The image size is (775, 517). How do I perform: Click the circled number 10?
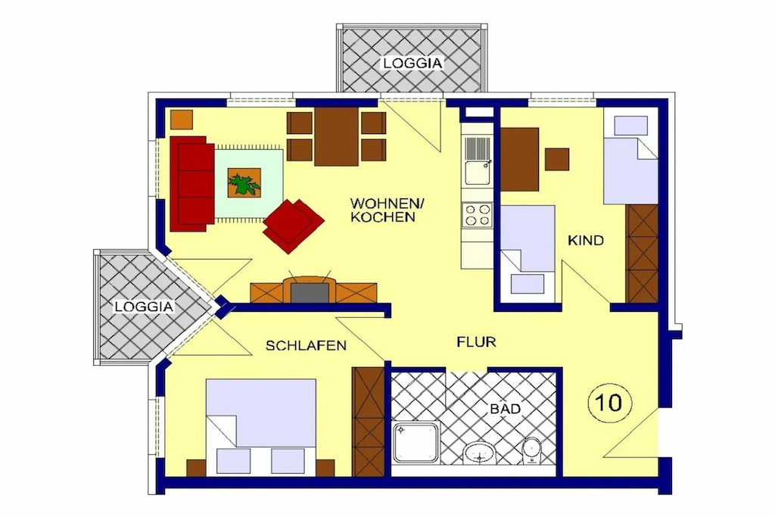click(610, 403)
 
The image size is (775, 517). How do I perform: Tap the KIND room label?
click(586, 241)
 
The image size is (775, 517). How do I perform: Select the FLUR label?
click(476, 341)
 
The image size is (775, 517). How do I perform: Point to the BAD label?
click(506, 409)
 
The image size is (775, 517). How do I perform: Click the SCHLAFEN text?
click(306, 345)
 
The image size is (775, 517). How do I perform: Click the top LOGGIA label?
click(412, 64)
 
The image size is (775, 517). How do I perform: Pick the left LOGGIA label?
click(145, 307)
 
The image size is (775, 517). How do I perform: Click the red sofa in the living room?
click(191, 184)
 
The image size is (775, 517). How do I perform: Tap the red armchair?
click(293, 226)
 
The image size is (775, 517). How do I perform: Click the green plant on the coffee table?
click(244, 183)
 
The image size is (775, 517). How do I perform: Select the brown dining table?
click(336, 137)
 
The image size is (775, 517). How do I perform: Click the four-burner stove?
click(477, 215)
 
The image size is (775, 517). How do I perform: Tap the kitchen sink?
click(477, 160)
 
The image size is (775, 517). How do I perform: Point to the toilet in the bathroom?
click(531, 451)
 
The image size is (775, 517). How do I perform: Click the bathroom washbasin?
click(479, 452)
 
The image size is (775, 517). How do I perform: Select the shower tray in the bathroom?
click(416, 443)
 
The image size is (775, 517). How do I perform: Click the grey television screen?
click(310, 293)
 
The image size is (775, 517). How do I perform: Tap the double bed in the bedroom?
click(261, 428)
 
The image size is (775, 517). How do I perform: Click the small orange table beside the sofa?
click(182, 119)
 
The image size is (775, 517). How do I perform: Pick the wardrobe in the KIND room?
click(642, 254)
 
